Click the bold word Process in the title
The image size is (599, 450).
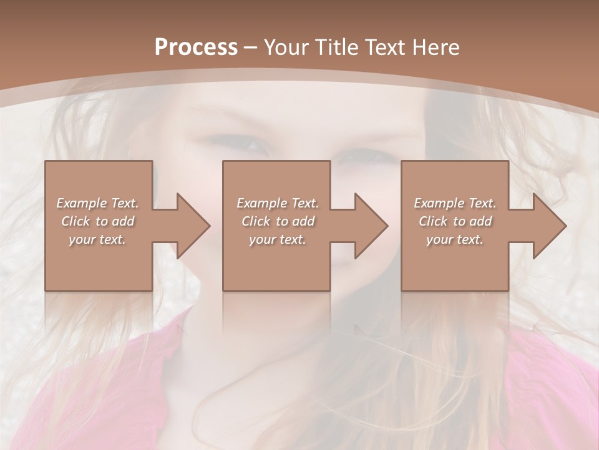point(196,47)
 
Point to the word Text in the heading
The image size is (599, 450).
point(384,47)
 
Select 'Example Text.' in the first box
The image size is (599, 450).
point(97,203)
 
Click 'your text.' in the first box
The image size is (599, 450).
point(97,239)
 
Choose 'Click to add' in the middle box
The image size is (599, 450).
point(278,221)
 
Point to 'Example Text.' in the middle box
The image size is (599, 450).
point(278,203)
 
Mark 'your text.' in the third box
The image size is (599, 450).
point(455,239)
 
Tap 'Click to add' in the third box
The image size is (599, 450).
point(455,221)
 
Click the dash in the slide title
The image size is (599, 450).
point(250,47)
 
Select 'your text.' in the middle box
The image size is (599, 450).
point(278,239)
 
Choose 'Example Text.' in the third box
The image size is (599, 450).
point(455,203)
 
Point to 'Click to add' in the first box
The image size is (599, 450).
point(97,221)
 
